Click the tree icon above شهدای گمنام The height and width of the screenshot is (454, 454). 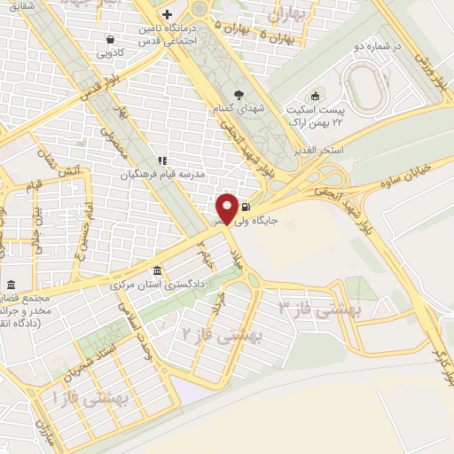(238, 94)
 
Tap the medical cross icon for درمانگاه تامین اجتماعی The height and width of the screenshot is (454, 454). (167, 15)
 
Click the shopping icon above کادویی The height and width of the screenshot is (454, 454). (109, 39)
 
